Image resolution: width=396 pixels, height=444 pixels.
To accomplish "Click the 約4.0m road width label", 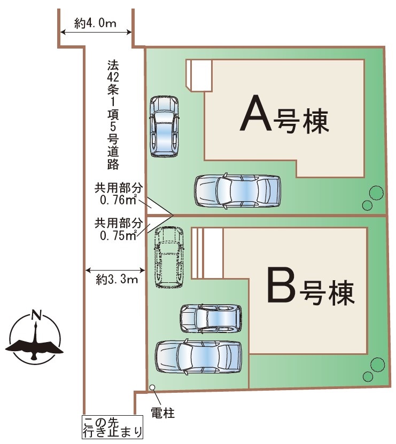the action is click(95, 23).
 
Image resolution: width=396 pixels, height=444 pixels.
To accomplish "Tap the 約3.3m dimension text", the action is click(117, 280).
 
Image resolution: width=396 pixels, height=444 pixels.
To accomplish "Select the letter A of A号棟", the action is click(255, 113).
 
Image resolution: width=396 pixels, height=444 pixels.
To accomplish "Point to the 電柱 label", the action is click(162, 413).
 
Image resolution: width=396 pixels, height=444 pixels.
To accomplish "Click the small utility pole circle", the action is click(152, 387).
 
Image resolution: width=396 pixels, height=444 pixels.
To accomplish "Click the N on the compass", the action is click(36, 315).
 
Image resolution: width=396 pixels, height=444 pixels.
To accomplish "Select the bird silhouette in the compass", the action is click(34, 346).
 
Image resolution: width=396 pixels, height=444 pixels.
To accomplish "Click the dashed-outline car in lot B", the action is click(169, 257).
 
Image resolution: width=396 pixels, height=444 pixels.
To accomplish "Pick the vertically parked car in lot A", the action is click(164, 126).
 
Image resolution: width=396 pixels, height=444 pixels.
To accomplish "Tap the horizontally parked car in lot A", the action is click(237, 191).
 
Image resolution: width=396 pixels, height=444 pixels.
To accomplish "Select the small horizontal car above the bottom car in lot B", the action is click(211, 319).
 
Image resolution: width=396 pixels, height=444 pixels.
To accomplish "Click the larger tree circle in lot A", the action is click(376, 193).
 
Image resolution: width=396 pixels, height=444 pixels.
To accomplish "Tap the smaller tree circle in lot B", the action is click(368, 376).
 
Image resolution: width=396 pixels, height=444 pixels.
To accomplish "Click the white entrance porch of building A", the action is click(199, 75).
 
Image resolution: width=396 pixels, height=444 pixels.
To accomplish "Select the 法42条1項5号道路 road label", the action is click(113, 114).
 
